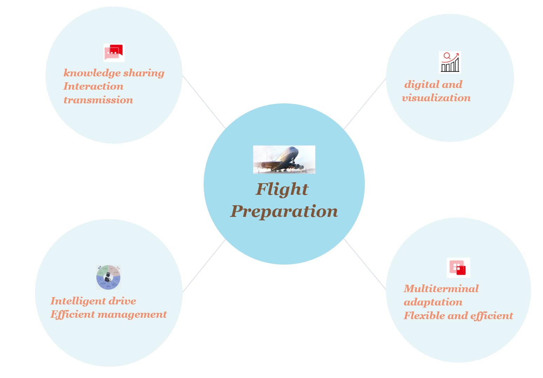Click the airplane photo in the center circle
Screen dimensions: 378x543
[x=284, y=159]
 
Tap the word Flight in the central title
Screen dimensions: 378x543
[x=282, y=190]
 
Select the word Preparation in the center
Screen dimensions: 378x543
[x=284, y=212]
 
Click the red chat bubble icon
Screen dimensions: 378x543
[x=114, y=53]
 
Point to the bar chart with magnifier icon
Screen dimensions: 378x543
[x=450, y=62]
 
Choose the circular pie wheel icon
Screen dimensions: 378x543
[x=109, y=277]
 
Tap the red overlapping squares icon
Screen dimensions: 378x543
[x=458, y=268]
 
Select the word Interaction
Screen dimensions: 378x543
[x=93, y=87]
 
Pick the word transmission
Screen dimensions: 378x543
[x=98, y=100]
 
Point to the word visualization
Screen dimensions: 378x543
[x=436, y=98]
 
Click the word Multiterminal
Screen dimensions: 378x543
[x=441, y=289]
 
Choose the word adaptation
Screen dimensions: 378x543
[x=433, y=302]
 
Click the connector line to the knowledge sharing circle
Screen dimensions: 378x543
[x=204, y=102]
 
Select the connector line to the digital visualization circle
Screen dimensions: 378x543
[x=365, y=104]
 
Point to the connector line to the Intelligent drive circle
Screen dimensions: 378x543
[x=204, y=266]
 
